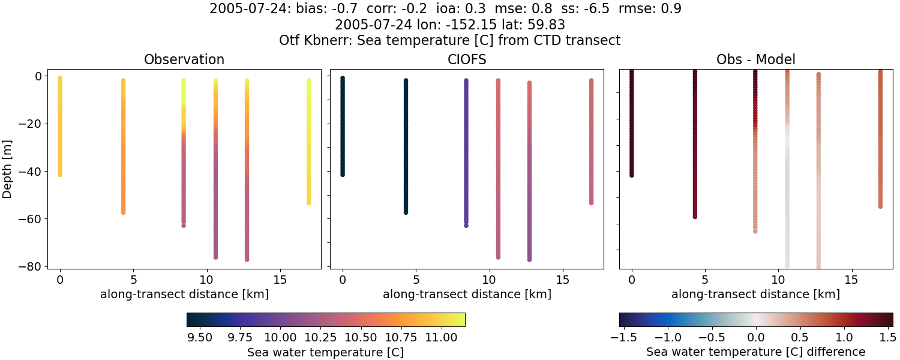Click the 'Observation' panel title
pyautogui.click(x=184, y=60)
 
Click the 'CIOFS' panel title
pyautogui.click(x=466, y=60)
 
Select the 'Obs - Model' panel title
pyautogui.click(x=756, y=60)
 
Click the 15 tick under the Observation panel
pyautogui.click(x=280, y=280)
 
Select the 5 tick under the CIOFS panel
pyautogui.click(x=416, y=280)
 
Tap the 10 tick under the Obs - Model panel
pyautogui.click(x=778, y=280)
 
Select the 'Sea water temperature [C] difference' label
pyautogui.click(x=756, y=352)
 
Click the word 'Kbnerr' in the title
pyautogui.click(x=326, y=41)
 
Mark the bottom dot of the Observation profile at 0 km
pyautogui.click(x=59, y=174)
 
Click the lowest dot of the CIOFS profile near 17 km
pyautogui.click(x=591, y=203)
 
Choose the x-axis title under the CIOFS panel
pyautogui.click(x=466, y=295)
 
